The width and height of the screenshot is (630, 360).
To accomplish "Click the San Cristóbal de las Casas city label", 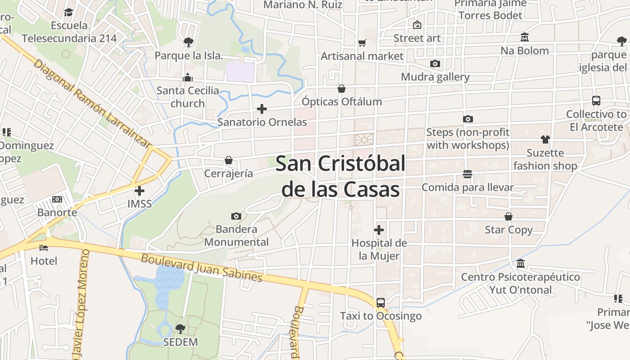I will click(340, 176).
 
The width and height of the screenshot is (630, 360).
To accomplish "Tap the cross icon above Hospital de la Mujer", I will click(379, 230).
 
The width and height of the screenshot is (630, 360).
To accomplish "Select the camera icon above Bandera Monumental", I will click(236, 216).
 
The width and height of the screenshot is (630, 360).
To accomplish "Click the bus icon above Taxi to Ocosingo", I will click(381, 303).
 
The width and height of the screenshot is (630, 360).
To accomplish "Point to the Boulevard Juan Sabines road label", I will click(202, 268).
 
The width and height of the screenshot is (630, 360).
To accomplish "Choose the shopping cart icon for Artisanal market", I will click(362, 43).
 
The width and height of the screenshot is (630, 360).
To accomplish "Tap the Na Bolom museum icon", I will click(525, 37).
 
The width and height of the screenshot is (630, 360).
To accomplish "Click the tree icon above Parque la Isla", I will click(189, 42).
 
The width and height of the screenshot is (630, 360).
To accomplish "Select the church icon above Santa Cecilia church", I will click(188, 77).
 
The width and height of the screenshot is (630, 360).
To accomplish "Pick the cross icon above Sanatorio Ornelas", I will click(262, 109).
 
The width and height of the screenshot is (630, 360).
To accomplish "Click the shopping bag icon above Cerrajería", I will click(229, 161).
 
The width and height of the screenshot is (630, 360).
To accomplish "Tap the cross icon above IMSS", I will click(139, 190).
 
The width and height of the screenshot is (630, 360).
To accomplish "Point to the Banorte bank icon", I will click(57, 199).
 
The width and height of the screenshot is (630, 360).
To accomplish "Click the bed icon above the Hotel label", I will click(44, 247).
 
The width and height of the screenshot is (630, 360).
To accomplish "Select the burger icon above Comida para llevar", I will click(468, 174).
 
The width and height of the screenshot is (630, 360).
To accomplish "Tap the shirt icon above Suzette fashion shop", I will click(545, 139).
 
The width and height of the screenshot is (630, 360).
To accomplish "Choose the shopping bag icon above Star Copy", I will click(508, 217).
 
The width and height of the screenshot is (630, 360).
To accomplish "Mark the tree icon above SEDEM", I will click(180, 329).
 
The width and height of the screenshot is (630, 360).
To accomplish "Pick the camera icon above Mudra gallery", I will click(435, 64).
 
